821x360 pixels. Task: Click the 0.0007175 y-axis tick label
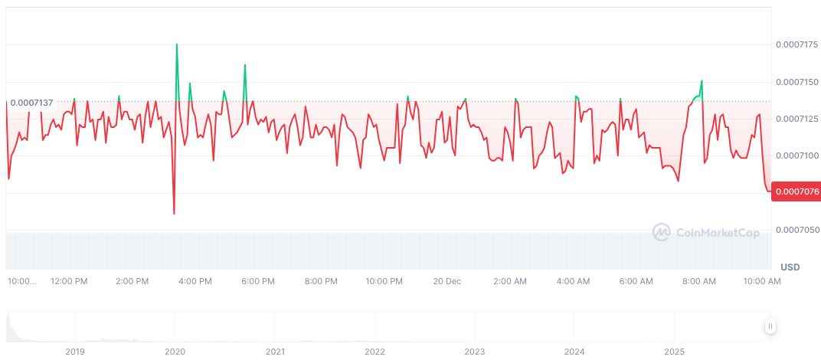pos(798,45)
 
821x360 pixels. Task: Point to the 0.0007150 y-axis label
pos(798,82)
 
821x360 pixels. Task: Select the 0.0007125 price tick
pos(798,119)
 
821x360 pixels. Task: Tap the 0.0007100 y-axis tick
pos(798,155)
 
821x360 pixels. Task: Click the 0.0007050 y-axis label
pos(798,230)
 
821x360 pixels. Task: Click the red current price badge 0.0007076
pos(797,191)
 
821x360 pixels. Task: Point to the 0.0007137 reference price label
pos(31,103)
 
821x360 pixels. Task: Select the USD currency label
pos(790,267)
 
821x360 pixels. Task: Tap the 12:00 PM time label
pos(69,281)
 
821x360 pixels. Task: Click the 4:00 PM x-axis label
pos(195,281)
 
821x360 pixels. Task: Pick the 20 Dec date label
pos(446,281)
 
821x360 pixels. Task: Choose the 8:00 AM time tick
pos(699,281)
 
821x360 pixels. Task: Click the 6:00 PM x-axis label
pos(258,281)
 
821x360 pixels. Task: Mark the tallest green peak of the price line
pos(177,44)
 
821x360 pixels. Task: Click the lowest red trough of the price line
pos(174,213)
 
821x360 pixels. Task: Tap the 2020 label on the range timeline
pos(175,352)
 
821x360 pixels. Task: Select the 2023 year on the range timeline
pos(475,352)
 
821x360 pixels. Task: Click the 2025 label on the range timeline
pos(674,352)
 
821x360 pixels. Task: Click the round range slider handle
pos(770,326)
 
